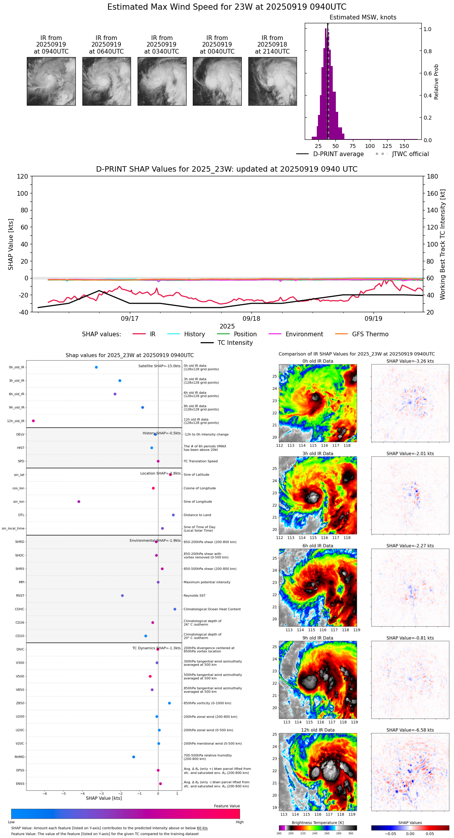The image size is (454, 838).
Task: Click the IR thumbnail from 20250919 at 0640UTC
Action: (107, 81)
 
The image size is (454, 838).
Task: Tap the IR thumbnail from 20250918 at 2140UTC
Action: (272, 81)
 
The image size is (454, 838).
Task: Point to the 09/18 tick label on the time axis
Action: (251, 318)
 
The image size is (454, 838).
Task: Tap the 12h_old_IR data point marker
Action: (33, 421)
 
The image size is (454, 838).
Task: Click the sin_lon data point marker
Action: (79, 502)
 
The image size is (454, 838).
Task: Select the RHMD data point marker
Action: (134, 757)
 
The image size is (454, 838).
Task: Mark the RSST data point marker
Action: (122, 596)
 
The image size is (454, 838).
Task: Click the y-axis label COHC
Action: (19, 609)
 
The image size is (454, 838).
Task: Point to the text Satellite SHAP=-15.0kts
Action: (159, 366)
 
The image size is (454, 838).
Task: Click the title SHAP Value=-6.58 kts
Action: (410, 730)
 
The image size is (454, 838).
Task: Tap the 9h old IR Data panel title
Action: (318, 638)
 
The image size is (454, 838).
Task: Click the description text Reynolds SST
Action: (194, 596)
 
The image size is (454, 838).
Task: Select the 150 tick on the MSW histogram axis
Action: (404, 146)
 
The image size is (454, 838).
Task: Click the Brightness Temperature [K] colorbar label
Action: (318, 822)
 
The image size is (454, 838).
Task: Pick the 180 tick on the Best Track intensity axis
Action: (433, 177)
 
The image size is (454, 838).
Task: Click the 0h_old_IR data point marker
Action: (96, 367)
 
